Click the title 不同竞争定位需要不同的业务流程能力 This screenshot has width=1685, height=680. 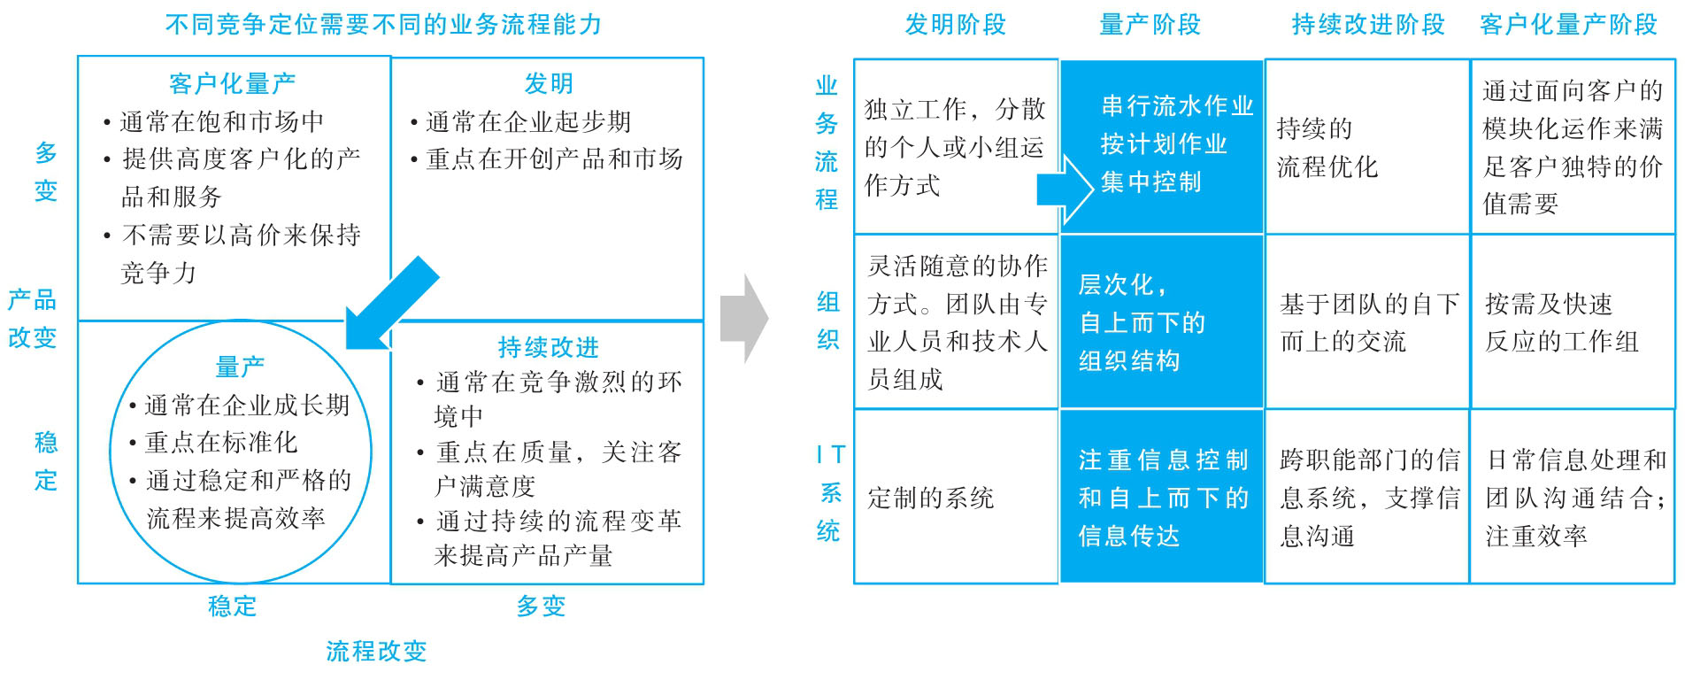tap(383, 24)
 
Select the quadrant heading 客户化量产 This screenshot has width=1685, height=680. tap(233, 83)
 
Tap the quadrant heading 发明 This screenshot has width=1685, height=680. tap(549, 83)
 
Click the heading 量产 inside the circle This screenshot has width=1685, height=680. tap(240, 367)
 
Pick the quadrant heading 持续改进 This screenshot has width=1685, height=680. tap(549, 347)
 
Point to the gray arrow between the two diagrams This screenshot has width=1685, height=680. tap(744, 319)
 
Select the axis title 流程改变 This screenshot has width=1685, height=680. tap(376, 652)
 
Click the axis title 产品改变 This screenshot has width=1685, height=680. tap(33, 319)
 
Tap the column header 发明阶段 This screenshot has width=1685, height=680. tap(956, 25)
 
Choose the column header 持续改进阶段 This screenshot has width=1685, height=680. tap(1368, 25)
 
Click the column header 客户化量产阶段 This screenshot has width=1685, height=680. tap(1568, 25)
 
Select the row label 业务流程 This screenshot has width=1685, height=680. tap(827, 143)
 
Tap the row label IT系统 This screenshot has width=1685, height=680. tap(829, 493)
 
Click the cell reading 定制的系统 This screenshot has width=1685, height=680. tap(931, 498)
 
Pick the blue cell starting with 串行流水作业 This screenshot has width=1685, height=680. tap(1162, 147)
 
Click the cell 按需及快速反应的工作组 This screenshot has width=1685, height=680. tap(1562, 322)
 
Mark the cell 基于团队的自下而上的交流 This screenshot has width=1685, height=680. tap(1369, 322)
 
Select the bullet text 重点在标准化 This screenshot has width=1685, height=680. tap(221, 443)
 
